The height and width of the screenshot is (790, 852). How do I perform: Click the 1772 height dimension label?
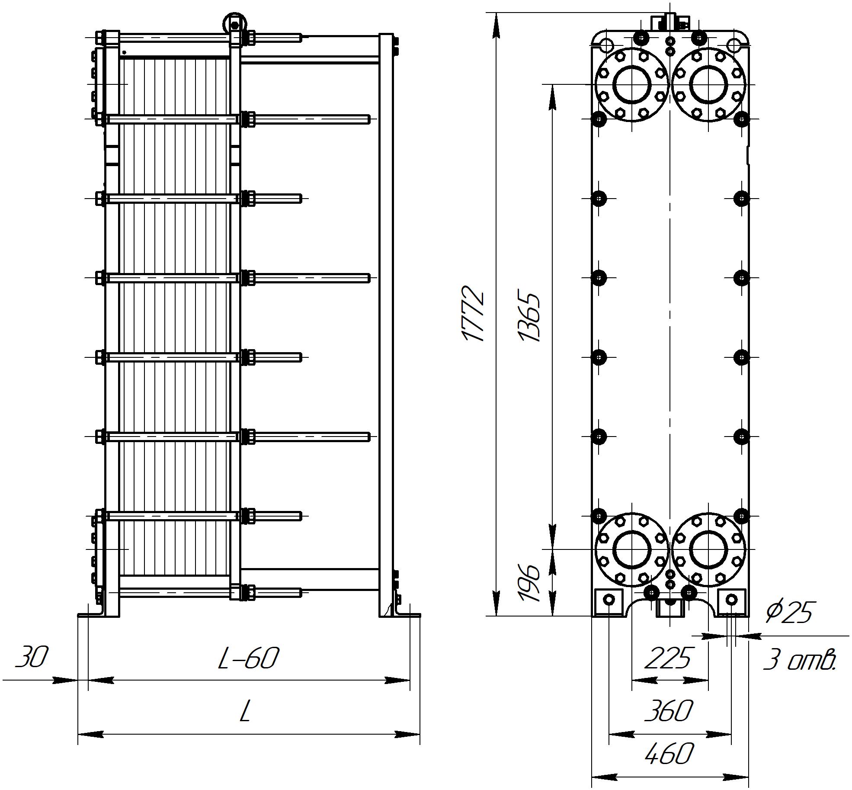tap(473, 313)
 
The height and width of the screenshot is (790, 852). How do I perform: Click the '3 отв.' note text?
tap(799, 660)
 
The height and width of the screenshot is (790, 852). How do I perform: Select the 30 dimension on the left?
tap(32, 657)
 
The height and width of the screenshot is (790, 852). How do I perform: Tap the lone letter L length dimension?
tap(245, 712)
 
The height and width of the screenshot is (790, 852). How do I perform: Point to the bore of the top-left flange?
tap(632, 84)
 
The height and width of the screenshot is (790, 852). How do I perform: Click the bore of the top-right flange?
tap(708, 85)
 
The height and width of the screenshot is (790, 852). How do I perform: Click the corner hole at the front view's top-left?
tap(606, 45)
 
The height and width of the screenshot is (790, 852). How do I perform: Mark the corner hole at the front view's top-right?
tap(733, 45)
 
